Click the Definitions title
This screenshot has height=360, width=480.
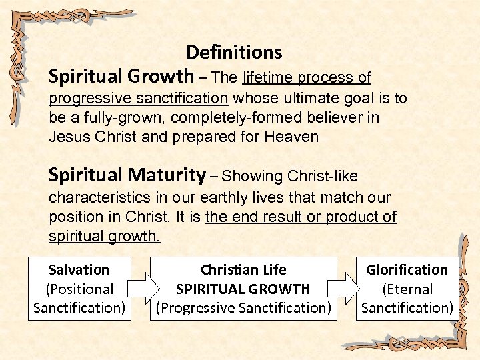click(x=234, y=52)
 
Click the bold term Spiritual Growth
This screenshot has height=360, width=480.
click(x=121, y=77)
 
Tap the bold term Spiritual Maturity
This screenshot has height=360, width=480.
click(x=127, y=175)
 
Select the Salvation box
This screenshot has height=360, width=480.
click(x=79, y=289)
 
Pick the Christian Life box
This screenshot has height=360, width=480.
click(x=243, y=289)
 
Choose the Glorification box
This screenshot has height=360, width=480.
click(x=407, y=289)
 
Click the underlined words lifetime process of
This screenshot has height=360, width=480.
click(x=307, y=78)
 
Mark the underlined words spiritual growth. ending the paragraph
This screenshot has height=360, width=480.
click(x=105, y=236)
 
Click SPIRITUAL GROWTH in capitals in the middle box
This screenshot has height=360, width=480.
click(x=243, y=289)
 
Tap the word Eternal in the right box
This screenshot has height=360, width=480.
click(x=407, y=289)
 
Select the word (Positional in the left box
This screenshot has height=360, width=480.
click(x=79, y=289)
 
